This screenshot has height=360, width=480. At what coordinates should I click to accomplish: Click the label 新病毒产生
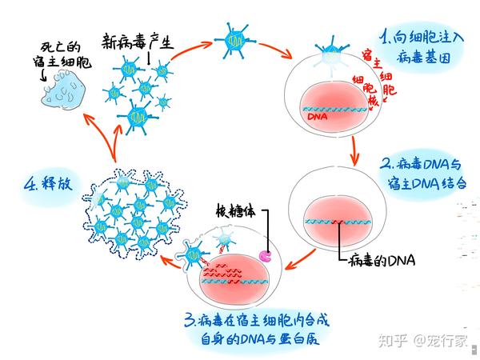[x=137, y=40]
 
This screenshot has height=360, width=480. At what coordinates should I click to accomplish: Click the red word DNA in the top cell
[x=317, y=116]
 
